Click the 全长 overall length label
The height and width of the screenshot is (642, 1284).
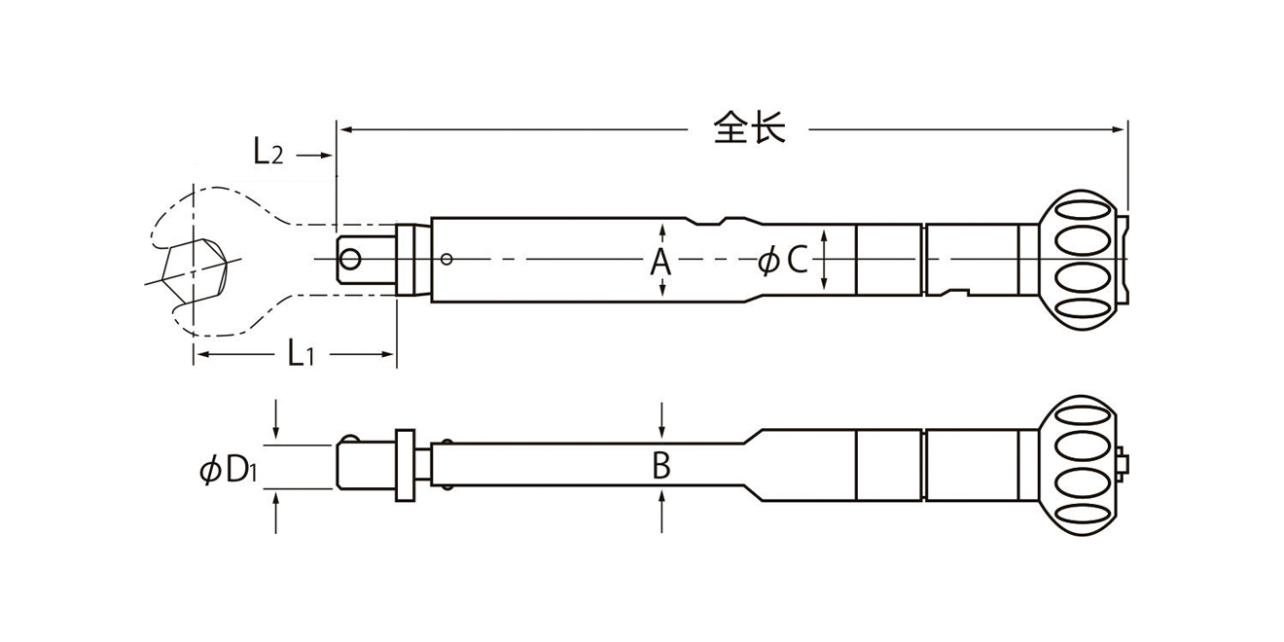749,127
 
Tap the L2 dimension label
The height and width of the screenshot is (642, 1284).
268,153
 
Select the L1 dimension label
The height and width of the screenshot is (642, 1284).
301,352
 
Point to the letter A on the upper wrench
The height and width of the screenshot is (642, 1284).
660,262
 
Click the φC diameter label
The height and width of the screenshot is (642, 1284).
782,260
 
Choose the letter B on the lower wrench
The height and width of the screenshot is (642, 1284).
661,465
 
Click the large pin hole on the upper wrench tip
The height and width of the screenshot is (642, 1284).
349,259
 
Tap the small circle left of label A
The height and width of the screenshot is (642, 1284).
446,259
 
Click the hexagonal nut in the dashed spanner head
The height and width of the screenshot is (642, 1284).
195,271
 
